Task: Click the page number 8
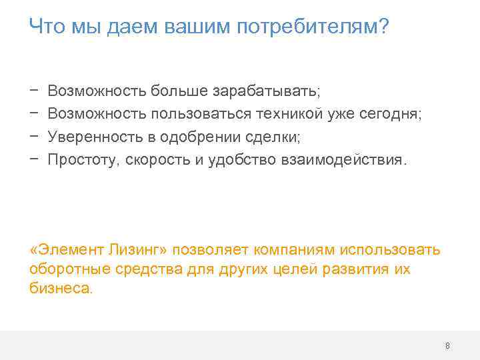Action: [x=447, y=345]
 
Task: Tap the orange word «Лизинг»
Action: [x=147, y=249]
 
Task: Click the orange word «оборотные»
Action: [x=63, y=269]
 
